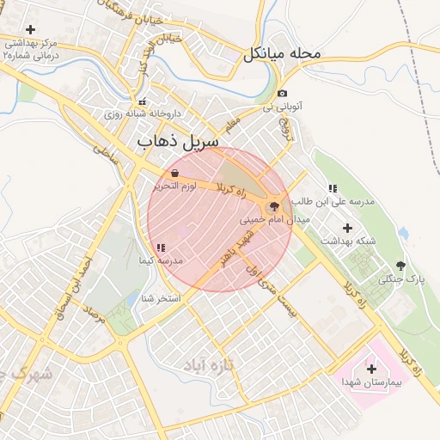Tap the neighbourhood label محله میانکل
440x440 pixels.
[x=282, y=53]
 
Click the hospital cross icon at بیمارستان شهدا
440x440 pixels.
[x=371, y=369]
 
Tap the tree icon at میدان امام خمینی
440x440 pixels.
[x=275, y=206]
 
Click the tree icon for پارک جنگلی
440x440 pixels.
[x=400, y=266]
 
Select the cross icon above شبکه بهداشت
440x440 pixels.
[x=348, y=228]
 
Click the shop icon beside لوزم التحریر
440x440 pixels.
[x=176, y=173]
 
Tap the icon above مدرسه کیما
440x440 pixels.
[x=161, y=247]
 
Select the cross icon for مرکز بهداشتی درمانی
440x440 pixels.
[x=31, y=29]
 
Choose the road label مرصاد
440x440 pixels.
[x=96, y=327]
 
